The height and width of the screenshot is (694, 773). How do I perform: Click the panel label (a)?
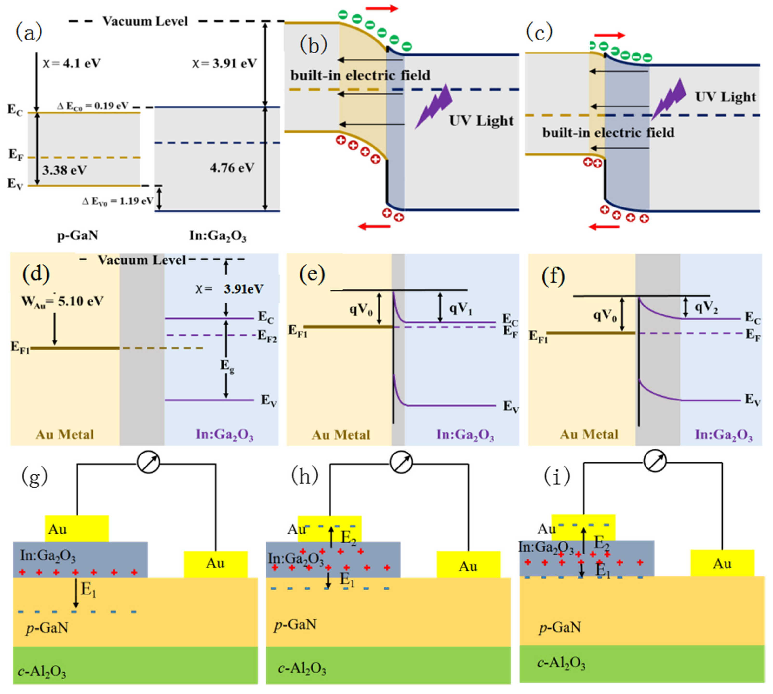coord(29,33)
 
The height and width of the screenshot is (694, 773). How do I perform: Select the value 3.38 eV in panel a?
coord(64,170)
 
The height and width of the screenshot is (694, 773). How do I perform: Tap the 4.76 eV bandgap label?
coord(232,168)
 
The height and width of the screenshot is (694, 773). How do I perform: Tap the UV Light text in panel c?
coord(725,97)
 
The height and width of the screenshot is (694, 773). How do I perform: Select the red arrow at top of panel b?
coord(382,8)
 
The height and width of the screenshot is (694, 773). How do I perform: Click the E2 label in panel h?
coord(348,538)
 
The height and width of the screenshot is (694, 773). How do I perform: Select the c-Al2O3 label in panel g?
coord(42,672)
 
